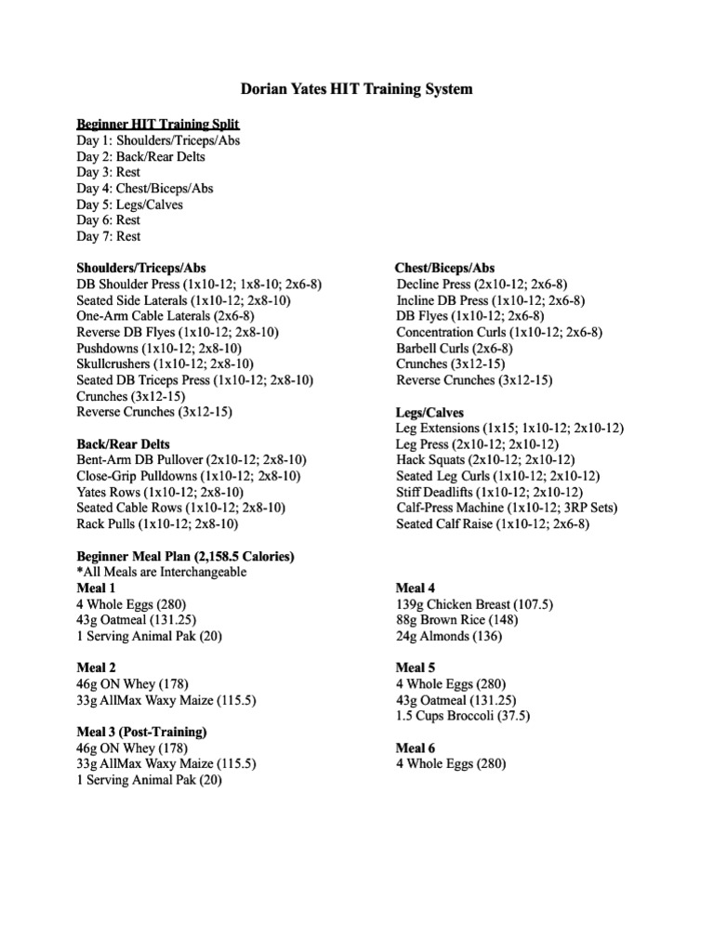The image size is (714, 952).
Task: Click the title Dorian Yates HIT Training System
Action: tap(356, 90)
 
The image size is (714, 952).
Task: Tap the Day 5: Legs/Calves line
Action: tap(129, 205)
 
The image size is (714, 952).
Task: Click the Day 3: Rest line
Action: tap(108, 172)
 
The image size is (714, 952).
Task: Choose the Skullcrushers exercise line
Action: tap(165, 364)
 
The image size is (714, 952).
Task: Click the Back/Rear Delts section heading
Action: tap(123, 444)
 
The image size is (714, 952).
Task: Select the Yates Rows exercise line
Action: tap(160, 493)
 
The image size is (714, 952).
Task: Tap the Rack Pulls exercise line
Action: tap(155, 524)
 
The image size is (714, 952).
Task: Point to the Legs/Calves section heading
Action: tap(430, 413)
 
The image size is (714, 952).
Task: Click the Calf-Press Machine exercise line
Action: tap(507, 509)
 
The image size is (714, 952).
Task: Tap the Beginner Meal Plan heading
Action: tap(185, 557)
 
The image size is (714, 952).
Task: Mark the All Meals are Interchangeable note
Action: tap(162, 573)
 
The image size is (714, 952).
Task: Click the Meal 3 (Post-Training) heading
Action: tap(141, 733)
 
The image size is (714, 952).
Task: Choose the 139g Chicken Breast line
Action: tap(474, 604)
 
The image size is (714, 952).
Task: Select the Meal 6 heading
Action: tap(416, 748)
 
